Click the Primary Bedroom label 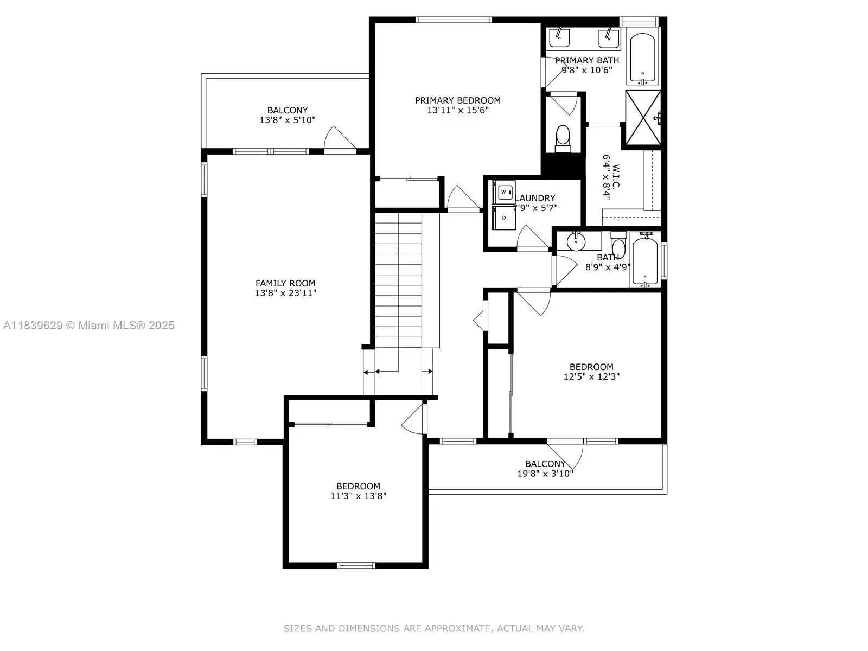[457, 100]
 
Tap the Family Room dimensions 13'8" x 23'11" [285, 293]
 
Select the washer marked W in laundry [504, 192]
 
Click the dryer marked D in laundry [504, 218]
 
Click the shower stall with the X [643, 119]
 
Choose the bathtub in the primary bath [643, 57]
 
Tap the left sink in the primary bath [559, 37]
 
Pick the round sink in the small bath [576, 240]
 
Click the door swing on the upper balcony [339, 138]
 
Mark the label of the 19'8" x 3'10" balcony [545, 468]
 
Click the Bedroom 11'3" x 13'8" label [358, 491]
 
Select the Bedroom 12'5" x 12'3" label [591, 372]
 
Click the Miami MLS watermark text [89, 325]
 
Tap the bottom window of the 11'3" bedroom [356, 565]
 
